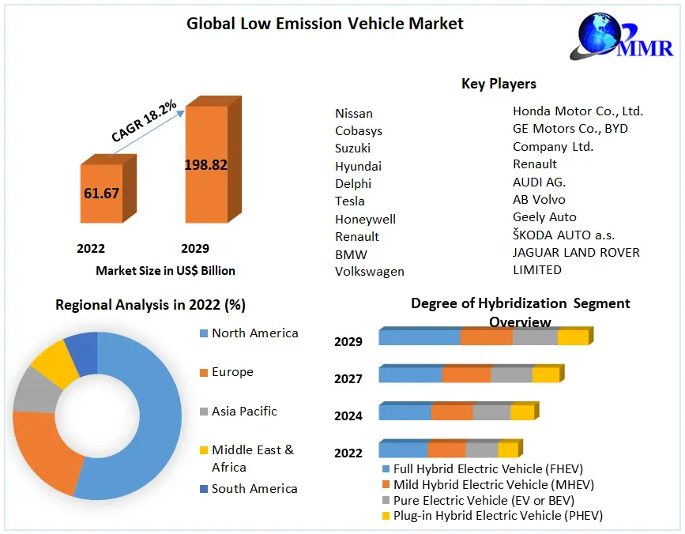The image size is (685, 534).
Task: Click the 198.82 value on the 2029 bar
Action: tap(205, 165)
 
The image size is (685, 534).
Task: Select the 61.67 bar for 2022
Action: tap(102, 193)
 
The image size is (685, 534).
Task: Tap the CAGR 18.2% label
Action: tap(144, 122)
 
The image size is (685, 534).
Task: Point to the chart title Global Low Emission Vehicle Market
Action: tap(325, 24)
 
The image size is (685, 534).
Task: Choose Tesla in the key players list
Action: tap(350, 201)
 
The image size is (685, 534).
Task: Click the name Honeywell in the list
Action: tap(365, 219)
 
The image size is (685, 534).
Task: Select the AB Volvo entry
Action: tap(539, 199)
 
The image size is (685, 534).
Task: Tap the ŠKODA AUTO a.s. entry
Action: tap(563, 235)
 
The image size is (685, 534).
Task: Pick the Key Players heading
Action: tap(499, 84)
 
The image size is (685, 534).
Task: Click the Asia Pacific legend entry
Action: tap(244, 412)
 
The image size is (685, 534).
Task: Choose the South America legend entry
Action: tap(254, 489)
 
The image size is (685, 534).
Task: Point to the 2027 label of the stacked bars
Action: tap(348, 379)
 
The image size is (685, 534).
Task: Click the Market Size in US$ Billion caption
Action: tap(165, 271)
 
